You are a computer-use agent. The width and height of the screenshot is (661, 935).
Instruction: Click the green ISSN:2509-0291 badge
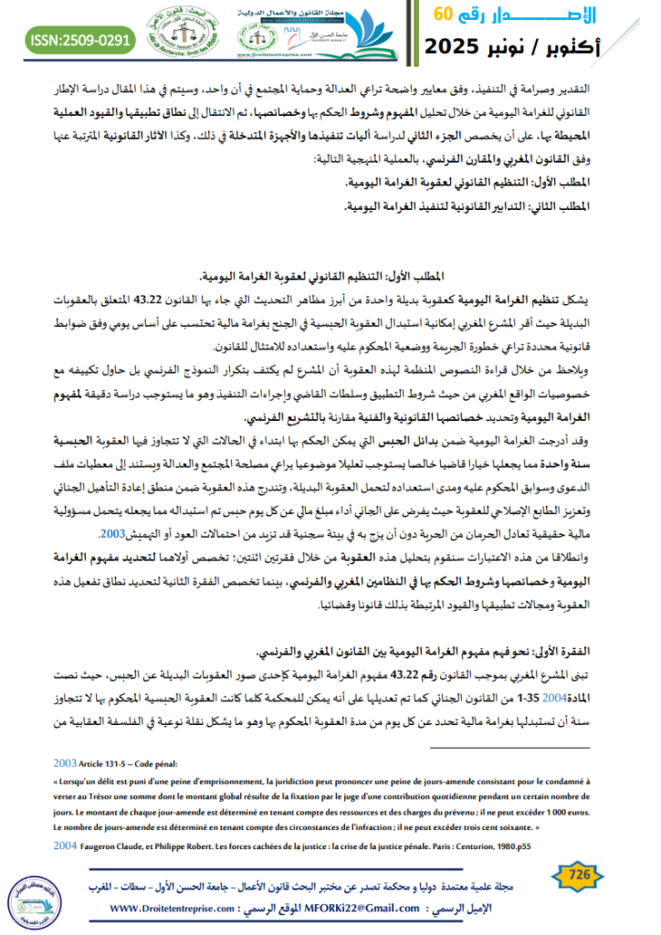coord(81,40)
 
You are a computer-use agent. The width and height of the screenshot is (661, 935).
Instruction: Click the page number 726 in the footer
coord(581,875)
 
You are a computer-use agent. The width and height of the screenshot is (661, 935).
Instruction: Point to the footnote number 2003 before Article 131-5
coord(65,762)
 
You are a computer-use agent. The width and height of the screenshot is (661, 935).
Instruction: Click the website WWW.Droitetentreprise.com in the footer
coord(182,909)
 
